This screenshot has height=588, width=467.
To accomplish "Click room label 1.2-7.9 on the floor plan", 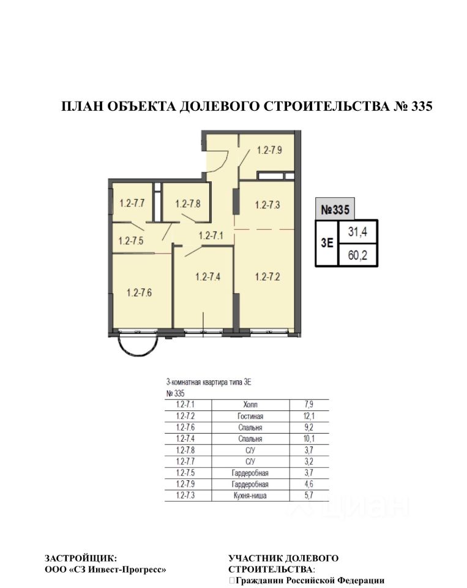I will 269,149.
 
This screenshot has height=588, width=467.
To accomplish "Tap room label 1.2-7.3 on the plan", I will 267,205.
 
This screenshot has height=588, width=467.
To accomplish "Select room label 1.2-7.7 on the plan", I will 132,203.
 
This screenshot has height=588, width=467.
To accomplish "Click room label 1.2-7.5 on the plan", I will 130,241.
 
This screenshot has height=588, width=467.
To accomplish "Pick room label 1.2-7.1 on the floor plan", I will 211,235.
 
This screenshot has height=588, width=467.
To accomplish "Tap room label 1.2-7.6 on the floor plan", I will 139,292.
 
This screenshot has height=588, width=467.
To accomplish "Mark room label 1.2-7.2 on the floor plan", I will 267,276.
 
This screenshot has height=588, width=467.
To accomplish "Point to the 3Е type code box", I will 327,243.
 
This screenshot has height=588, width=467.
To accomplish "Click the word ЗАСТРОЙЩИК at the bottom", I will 79,558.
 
